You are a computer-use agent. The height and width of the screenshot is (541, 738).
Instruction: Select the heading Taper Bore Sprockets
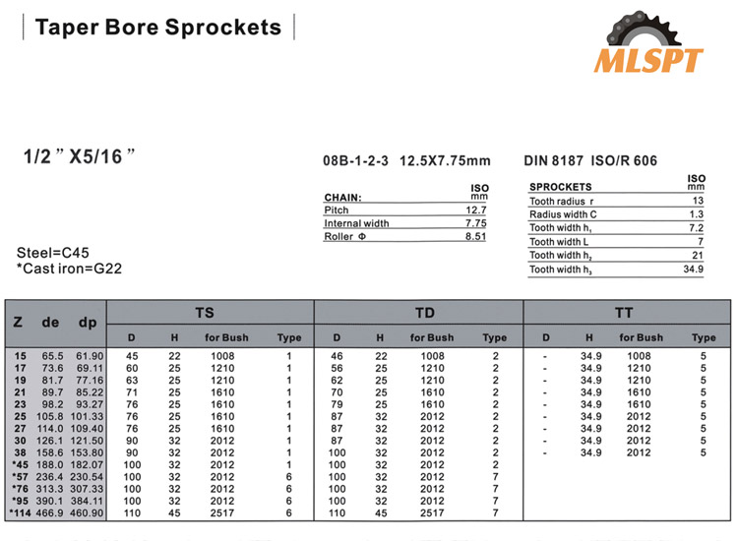pyautogui.click(x=157, y=27)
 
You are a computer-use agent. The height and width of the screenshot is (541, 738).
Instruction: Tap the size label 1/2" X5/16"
pyautogui.click(x=78, y=155)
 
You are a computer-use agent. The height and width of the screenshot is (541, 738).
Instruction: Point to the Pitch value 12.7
pyautogui.click(x=476, y=210)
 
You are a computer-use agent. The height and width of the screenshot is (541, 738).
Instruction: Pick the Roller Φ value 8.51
pyautogui.click(x=476, y=236)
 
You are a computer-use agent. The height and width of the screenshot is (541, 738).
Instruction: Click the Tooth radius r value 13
pyautogui.click(x=697, y=201)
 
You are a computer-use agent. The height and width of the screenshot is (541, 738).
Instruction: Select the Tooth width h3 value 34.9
pyautogui.click(x=693, y=270)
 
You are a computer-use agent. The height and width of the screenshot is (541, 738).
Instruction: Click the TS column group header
pyautogui.click(x=205, y=313)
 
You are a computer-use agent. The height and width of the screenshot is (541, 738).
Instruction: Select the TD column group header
pyautogui.click(x=424, y=313)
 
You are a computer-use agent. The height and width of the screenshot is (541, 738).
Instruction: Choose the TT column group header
pyautogui.click(x=624, y=313)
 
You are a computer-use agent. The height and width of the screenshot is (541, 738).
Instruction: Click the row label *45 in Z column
pyautogui.click(x=21, y=464)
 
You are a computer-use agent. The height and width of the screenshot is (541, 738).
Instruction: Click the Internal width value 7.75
pyautogui.click(x=476, y=223)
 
